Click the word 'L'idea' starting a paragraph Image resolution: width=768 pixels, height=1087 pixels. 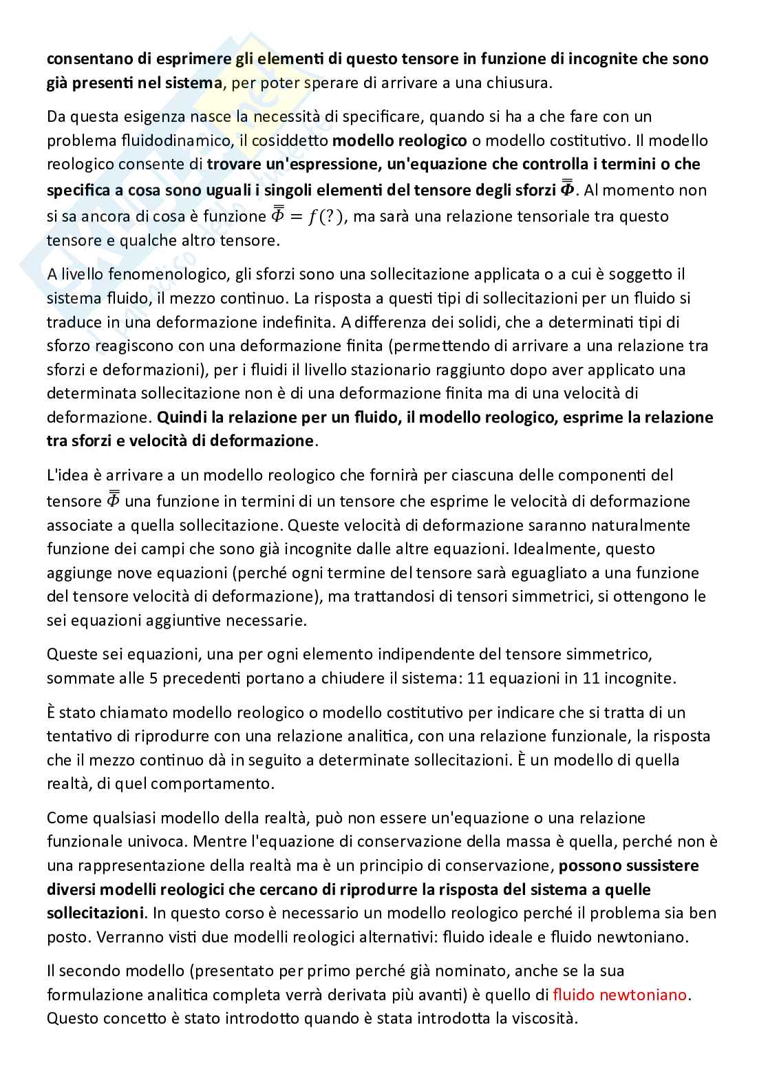click(65, 475)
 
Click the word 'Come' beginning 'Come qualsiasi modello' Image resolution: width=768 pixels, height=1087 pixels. click(64, 818)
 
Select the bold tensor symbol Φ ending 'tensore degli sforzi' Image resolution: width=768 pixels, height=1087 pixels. click(569, 188)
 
